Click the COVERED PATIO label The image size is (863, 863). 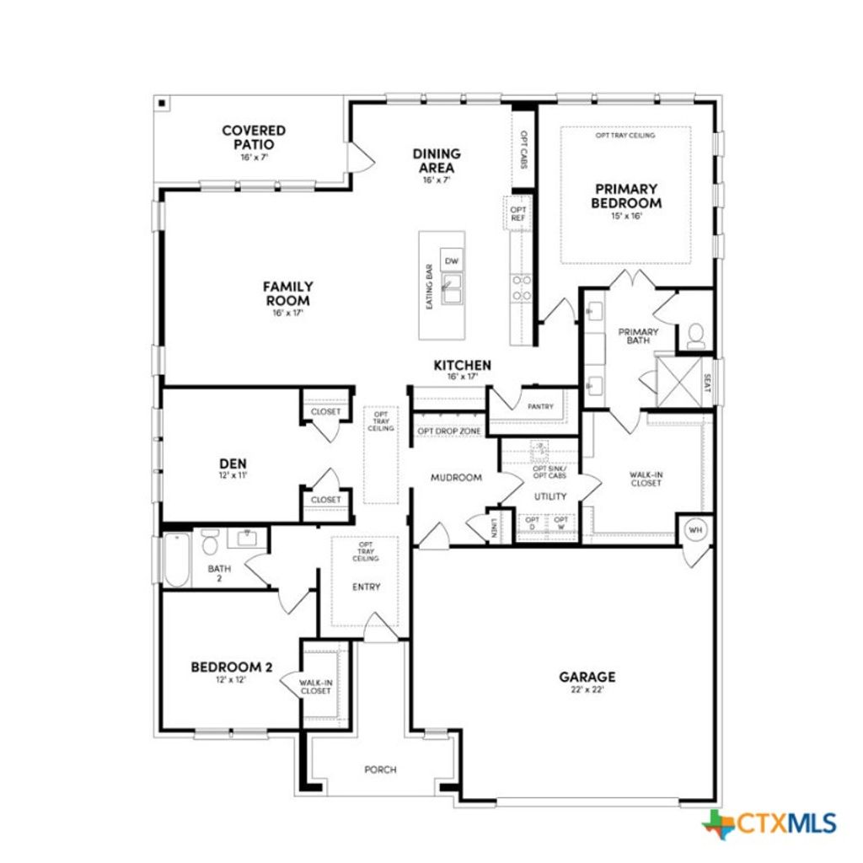point(254,137)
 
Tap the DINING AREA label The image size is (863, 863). point(437,161)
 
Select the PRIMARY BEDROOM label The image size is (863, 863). point(626,196)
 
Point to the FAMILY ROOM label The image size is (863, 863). point(287,294)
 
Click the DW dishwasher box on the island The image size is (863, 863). point(452,261)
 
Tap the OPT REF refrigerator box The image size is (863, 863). point(517,213)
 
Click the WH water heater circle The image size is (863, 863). point(695,529)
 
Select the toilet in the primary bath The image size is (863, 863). point(696,335)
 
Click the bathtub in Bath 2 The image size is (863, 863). point(176,560)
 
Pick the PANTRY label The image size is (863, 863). point(540,406)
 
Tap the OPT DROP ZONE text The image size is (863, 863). point(449,431)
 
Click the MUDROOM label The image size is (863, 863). point(456,478)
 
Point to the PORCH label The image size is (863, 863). point(380,769)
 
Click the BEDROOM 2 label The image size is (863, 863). point(232,667)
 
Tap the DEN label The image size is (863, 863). point(233,464)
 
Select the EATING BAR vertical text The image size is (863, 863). point(430,285)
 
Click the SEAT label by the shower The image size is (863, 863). point(707,383)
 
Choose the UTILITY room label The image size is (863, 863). point(549,496)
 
